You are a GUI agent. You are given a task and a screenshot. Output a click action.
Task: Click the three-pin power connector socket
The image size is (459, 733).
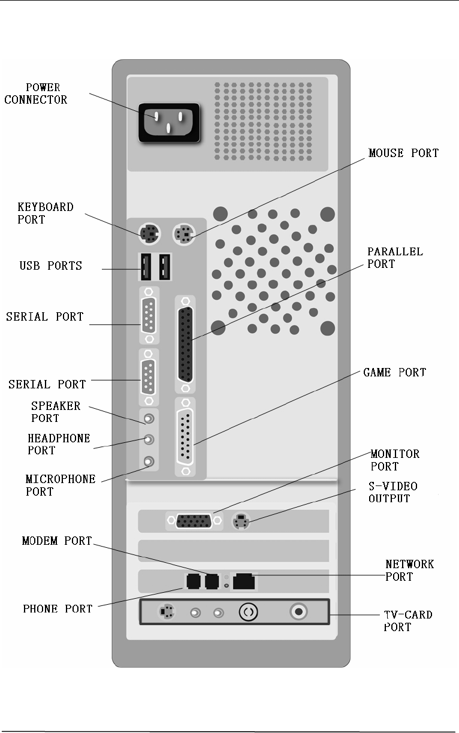click(168, 123)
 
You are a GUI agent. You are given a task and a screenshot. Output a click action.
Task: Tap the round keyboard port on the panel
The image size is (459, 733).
click(149, 234)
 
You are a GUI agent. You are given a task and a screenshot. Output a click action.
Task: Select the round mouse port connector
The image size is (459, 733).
click(184, 234)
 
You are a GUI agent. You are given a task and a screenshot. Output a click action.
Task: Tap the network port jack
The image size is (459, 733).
click(244, 581)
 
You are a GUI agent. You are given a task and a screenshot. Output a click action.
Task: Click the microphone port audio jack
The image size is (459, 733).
click(149, 461)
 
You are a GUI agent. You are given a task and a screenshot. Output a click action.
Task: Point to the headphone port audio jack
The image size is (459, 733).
click(149, 440)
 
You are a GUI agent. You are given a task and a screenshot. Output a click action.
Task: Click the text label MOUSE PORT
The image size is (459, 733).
click(403, 153)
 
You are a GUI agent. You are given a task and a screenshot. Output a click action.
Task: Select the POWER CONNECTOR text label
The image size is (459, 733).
click(36, 94)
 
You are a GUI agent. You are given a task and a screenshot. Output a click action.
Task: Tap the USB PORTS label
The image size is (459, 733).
click(51, 266)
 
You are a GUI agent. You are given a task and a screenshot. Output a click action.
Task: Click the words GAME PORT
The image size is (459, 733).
click(394, 373)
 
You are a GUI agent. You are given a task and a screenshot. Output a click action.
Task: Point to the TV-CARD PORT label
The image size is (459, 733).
click(407, 621)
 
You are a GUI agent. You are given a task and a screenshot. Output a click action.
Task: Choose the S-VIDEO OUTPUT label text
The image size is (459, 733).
click(393, 492)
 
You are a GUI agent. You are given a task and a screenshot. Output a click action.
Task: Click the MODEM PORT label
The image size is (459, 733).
click(57, 541)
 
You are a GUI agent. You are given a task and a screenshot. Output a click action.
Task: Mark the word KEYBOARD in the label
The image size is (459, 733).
click(46, 207)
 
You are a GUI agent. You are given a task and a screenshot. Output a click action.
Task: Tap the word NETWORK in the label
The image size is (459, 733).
click(409, 564)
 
